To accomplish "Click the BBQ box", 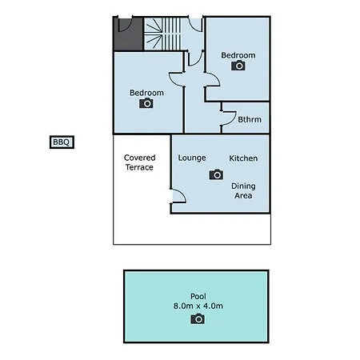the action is point(62,142).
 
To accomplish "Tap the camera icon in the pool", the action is point(198,318).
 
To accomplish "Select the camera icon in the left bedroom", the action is point(146,103).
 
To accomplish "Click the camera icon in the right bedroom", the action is point(238,66).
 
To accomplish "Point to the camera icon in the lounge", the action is point(216,174).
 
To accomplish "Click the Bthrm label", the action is point(250,119).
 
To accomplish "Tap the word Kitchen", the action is point(243,158).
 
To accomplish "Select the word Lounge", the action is point(192,158).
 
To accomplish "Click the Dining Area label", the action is point(243,190).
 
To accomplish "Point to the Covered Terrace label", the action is point(139,162).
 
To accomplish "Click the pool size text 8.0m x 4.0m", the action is point(198,306).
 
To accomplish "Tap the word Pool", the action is point(198,296).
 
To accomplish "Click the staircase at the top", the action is point(162,34).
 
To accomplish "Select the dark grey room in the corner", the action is point(129,34).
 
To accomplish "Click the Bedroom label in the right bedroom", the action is point(238,55).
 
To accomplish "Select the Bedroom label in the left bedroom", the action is point(146,93).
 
